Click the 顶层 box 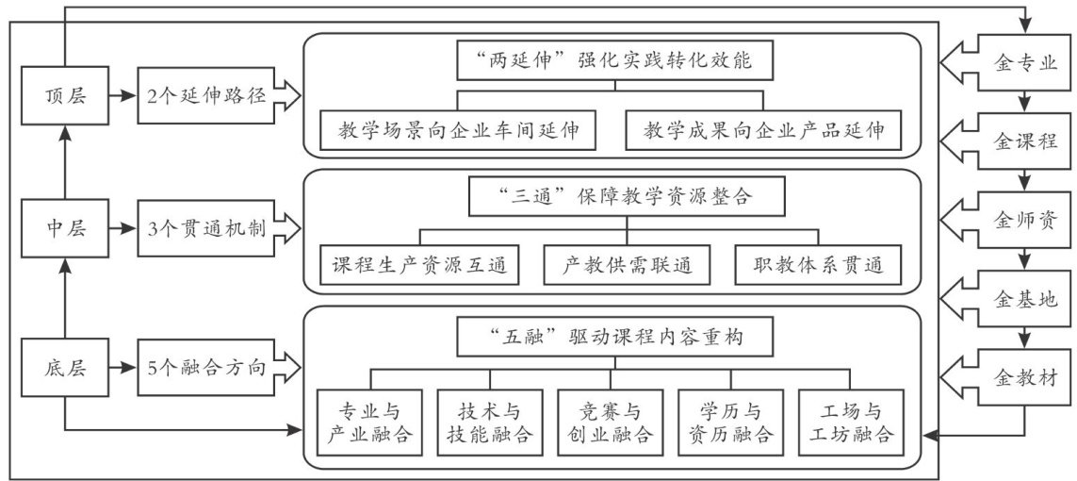pyautogui.click(x=65, y=95)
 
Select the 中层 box pyautogui.click(x=65, y=229)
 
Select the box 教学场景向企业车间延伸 pyautogui.click(x=458, y=129)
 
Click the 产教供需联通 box pyautogui.click(x=627, y=265)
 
